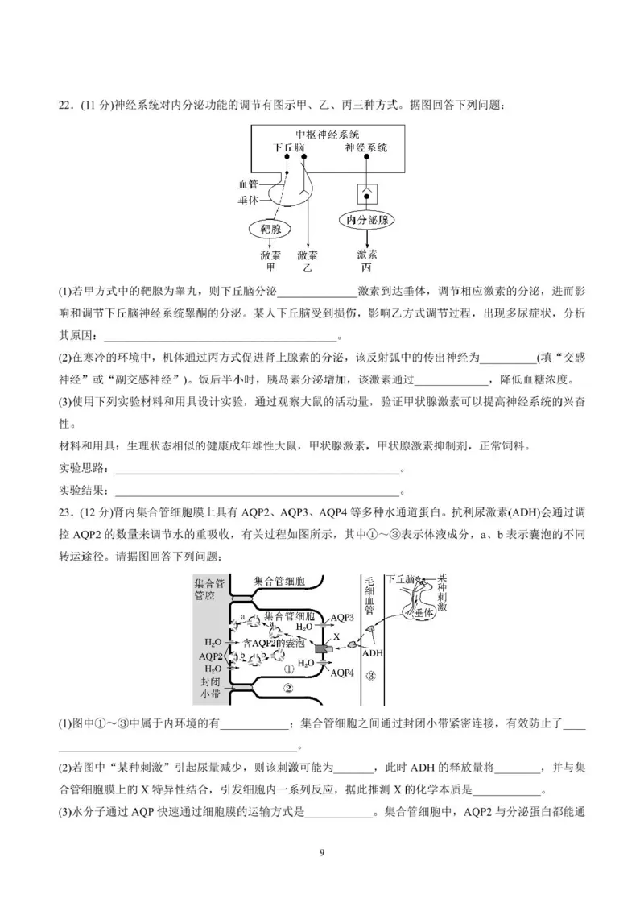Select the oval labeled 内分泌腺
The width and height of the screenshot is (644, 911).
pos(367,220)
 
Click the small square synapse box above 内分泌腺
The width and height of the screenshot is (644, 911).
pos(367,194)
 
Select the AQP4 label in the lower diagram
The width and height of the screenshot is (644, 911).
pos(342,672)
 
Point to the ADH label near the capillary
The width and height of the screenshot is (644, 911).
pos(373,653)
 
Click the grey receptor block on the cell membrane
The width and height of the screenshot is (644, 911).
pos(322,648)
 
